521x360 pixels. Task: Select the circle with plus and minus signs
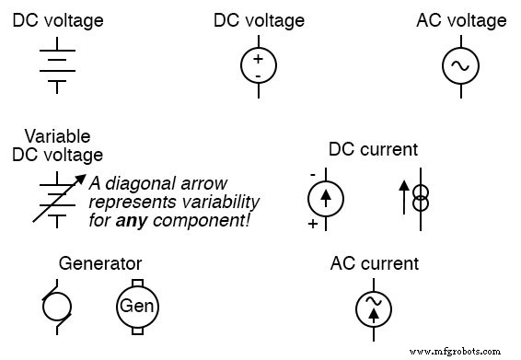point(258,65)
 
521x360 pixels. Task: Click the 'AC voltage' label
point(461,20)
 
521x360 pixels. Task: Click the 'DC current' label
point(373,149)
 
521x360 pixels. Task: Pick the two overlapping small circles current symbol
point(419,198)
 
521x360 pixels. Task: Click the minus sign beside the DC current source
point(312,173)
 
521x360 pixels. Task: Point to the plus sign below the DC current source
point(312,224)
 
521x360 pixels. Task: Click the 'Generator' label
point(99,264)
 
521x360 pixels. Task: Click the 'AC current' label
point(374,264)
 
